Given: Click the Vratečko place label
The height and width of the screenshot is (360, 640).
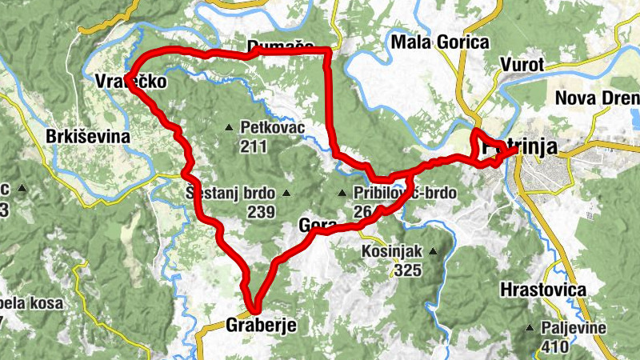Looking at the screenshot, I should [130, 82].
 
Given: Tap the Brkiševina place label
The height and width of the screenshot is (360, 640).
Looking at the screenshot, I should [88, 137].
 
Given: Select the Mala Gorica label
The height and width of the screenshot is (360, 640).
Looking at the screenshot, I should [439, 42].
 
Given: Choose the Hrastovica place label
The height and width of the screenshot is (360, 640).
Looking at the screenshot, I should [543, 290].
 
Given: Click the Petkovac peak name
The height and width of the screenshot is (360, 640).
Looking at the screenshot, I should [266, 127].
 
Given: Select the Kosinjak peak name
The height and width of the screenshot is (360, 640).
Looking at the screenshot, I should [390, 251].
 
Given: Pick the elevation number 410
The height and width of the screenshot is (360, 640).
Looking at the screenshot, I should [554, 346].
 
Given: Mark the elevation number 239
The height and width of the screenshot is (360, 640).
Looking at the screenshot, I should [261, 212].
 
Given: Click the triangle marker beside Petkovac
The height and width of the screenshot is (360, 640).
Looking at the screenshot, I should [229, 127].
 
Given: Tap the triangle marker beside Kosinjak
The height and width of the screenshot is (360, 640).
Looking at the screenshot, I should [433, 251].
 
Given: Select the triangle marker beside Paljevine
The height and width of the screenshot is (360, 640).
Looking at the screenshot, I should [529, 328].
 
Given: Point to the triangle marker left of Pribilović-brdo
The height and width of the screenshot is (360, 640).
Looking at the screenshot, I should [342, 193].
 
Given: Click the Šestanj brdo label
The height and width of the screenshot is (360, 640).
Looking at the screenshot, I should [230, 193].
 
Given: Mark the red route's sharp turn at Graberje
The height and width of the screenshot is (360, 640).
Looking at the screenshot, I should [255, 309].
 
